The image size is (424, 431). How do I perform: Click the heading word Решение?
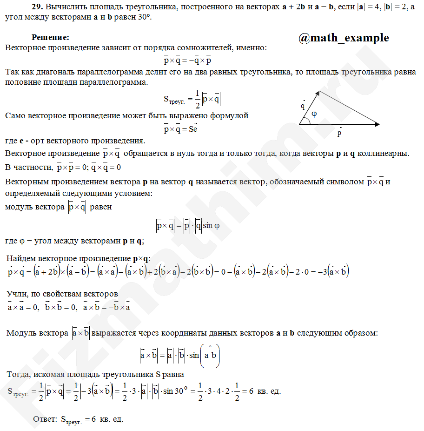click(50, 37)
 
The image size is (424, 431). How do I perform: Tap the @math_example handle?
click(344, 38)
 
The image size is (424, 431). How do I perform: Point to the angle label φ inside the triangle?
click(314, 114)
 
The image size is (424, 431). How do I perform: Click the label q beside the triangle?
click(303, 106)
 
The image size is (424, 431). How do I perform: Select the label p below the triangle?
click(340, 133)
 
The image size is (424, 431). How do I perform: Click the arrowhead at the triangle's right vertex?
click(377, 124)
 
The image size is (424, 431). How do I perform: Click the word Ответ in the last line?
click(45, 419)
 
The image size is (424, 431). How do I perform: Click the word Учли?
click(18, 294)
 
